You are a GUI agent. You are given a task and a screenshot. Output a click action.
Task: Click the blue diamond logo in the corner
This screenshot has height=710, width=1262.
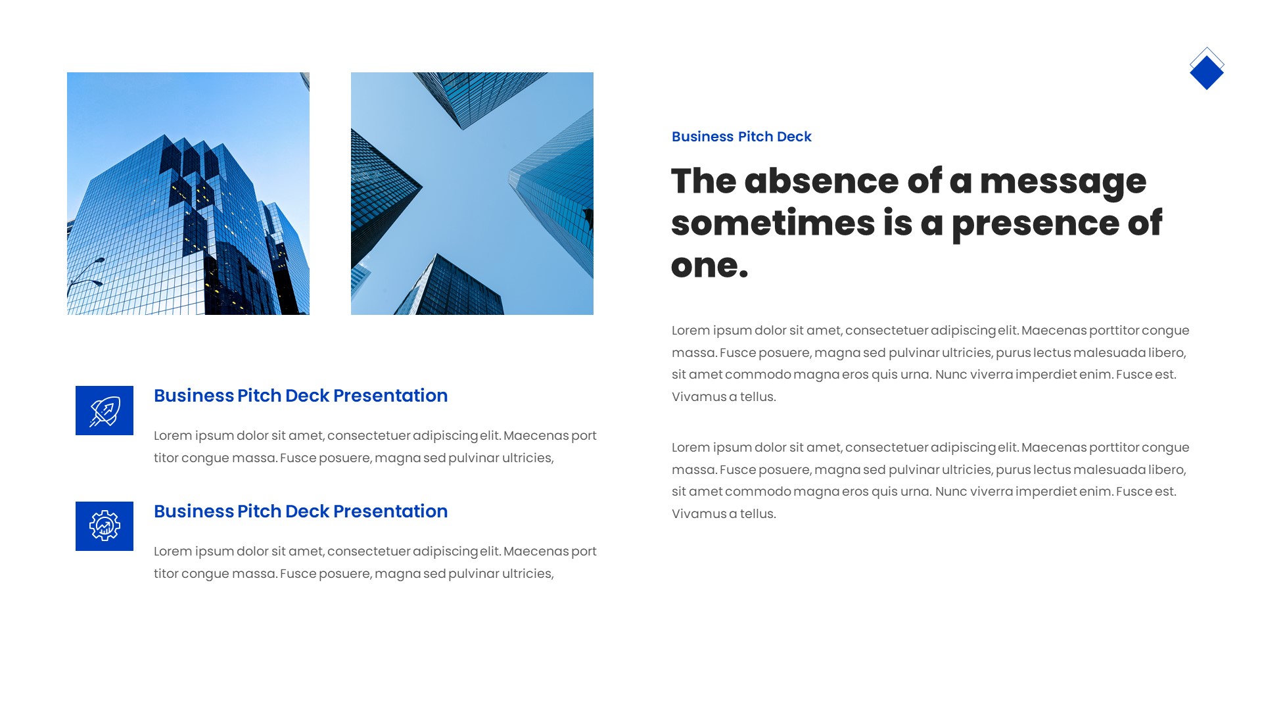click(x=1207, y=70)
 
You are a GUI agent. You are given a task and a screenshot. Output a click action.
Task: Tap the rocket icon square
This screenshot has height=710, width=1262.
click(x=105, y=410)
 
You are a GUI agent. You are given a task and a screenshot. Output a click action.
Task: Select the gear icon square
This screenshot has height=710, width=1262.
click(x=105, y=526)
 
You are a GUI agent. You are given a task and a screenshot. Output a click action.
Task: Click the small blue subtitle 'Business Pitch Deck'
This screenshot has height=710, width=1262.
click(x=741, y=137)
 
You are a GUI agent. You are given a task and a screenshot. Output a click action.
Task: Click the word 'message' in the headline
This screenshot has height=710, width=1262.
click(x=1063, y=182)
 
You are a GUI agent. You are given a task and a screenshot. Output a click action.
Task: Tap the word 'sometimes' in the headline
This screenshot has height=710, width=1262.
click(x=773, y=223)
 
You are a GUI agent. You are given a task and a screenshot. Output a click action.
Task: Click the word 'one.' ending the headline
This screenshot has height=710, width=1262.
click(x=709, y=266)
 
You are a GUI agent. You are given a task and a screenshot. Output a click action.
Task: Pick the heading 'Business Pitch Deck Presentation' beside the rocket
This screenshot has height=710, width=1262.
click(x=300, y=396)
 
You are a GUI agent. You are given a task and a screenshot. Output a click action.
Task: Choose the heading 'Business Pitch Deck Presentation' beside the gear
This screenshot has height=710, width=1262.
click(x=300, y=511)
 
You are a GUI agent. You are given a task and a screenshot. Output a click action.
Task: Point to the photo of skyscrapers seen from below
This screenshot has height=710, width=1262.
click(x=472, y=193)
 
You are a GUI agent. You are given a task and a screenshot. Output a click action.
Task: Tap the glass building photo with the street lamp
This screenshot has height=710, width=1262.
click(x=188, y=193)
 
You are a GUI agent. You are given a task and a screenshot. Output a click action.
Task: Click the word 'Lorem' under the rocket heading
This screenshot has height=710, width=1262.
click(x=172, y=436)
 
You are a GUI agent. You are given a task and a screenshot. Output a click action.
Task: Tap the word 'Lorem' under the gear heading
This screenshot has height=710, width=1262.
click(x=172, y=552)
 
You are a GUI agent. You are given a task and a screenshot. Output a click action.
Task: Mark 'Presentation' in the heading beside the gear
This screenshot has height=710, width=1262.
click(x=390, y=511)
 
